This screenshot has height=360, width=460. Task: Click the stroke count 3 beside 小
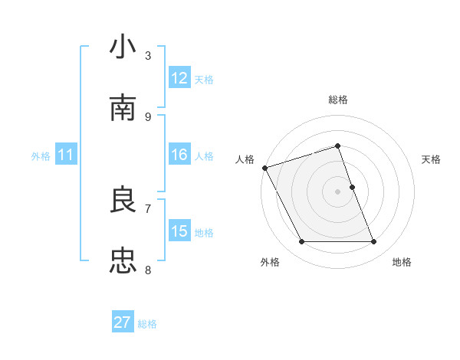(x=148, y=55)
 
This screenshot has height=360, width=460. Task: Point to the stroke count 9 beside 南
(x=148, y=116)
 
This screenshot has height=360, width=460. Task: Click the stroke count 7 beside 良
(x=148, y=208)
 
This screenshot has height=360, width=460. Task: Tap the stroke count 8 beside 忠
(x=148, y=270)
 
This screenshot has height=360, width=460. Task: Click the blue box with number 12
(x=179, y=78)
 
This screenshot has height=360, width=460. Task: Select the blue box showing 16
(x=179, y=155)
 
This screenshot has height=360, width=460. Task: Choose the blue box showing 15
(x=179, y=231)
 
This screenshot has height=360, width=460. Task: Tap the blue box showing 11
(x=66, y=155)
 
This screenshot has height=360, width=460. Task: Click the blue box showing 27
(x=123, y=322)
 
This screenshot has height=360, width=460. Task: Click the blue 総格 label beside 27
(x=147, y=324)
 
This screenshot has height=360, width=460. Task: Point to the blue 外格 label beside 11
(x=41, y=156)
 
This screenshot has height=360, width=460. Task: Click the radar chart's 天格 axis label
(x=431, y=159)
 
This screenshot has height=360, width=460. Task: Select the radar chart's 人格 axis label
(x=245, y=159)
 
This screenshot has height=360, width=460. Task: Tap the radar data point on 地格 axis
(x=374, y=242)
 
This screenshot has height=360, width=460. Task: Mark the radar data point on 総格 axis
(x=337, y=146)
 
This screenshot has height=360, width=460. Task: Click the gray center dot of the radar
(x=337, y=191)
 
